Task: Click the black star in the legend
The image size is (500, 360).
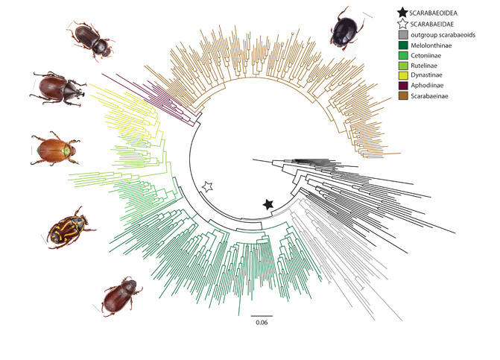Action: click(402, 12)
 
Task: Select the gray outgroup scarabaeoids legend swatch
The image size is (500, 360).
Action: click(402, 36)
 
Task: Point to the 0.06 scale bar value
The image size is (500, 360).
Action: click(261, 322)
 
